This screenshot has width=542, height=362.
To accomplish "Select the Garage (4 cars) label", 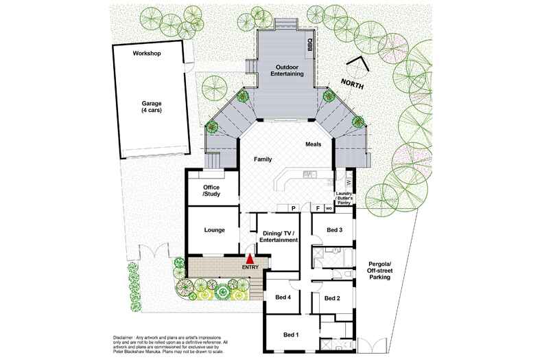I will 152,106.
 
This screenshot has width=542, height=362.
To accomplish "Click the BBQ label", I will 309,45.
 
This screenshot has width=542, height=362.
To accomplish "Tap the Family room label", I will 263,159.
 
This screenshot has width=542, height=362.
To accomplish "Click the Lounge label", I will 215,230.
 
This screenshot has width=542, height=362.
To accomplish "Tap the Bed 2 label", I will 332,298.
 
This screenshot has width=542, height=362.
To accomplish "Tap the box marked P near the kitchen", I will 293,207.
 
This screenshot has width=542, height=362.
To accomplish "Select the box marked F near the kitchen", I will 317,207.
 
